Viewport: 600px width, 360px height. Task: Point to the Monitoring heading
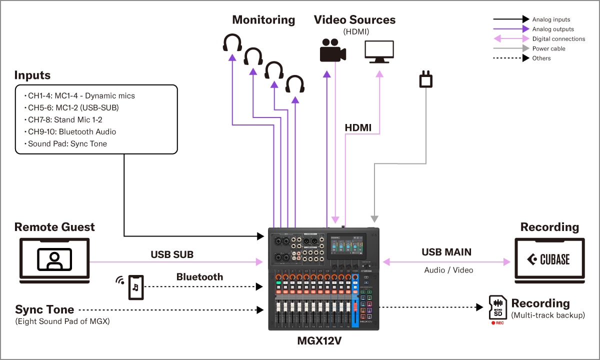click(x=263, y=20)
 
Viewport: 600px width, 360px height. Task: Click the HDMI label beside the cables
click(x=358, y=128)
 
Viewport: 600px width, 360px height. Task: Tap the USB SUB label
click(x=172, y=254)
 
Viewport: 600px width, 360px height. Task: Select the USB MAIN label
click(x=446, y=252)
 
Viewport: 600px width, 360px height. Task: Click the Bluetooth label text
click(x=199, y=276)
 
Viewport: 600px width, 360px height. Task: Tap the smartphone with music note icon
click(x=136, y=287)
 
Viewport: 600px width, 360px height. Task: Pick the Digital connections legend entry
click(x=558, y=38)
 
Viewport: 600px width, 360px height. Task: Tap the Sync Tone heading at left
click(x=44, y=309)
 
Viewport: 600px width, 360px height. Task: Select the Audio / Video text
click(x=448, y=270)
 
